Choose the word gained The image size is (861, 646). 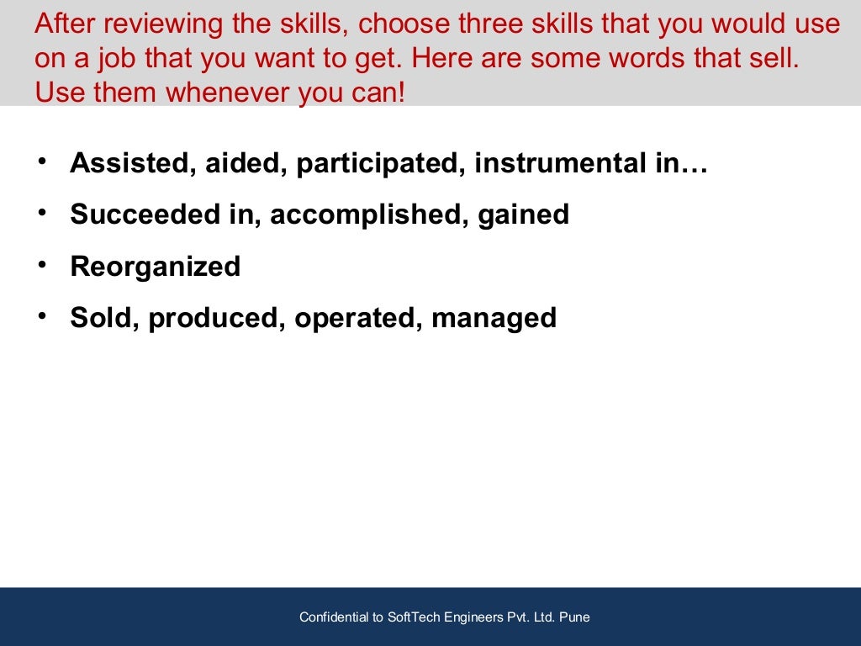pyautogui.click(x=523, y=215)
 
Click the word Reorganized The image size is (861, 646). pyautogui.click(x=156, y=267)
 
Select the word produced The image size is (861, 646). pyautogui.click(x=216, y=319)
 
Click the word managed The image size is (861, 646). pyautogui.click(x=494, y=319)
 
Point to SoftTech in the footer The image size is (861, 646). pyautogui.click(x=413, y=617)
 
